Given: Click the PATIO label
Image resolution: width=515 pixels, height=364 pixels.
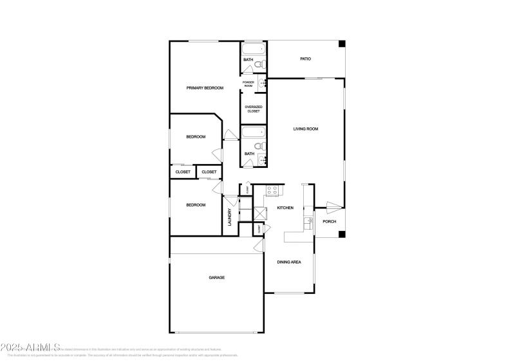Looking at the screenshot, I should click(306, 59).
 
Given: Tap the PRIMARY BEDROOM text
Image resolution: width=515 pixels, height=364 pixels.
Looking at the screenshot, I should click(205, 87).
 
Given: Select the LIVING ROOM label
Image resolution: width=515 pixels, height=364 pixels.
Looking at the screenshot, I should click(306, 129).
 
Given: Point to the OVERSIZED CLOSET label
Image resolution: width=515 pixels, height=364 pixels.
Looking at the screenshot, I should click(253, 109).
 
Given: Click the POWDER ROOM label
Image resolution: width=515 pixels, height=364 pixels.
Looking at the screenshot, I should click(249, 84).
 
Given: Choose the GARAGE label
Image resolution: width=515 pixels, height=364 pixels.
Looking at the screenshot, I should click(216, 278).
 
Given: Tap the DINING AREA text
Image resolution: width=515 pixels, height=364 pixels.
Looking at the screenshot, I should click(289, 262).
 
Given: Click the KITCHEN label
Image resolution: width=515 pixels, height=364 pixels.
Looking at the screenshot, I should click(285, 208).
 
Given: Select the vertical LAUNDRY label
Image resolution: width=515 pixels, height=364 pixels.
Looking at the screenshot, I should click(229, 217).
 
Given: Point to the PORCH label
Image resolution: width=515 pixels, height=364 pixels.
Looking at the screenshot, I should click(330, 222).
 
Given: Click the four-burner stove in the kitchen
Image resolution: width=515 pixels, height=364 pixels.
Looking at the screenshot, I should click(272, 190).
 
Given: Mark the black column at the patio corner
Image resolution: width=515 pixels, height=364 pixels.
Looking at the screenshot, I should click(342, 44).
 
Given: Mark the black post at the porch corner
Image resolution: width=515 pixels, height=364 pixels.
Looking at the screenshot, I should click(342, 233).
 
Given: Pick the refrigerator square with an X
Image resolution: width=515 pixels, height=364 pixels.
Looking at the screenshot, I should click(260, 214).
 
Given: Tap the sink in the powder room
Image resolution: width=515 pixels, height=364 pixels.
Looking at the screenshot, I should click(263, 83).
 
